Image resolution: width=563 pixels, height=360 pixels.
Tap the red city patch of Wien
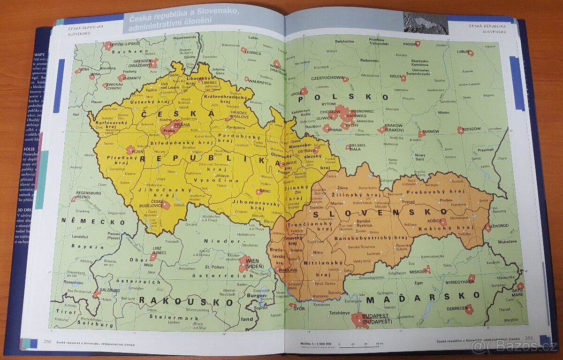click(x=245, y=264)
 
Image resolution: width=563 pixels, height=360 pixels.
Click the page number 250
click(x=47, y=342)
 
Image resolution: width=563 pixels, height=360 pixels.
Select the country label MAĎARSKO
click(x=423, y=297)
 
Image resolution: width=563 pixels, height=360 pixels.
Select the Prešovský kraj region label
click(x=441, y=191)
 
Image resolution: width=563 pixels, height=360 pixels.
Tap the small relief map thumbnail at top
click(x=425, y=23)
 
